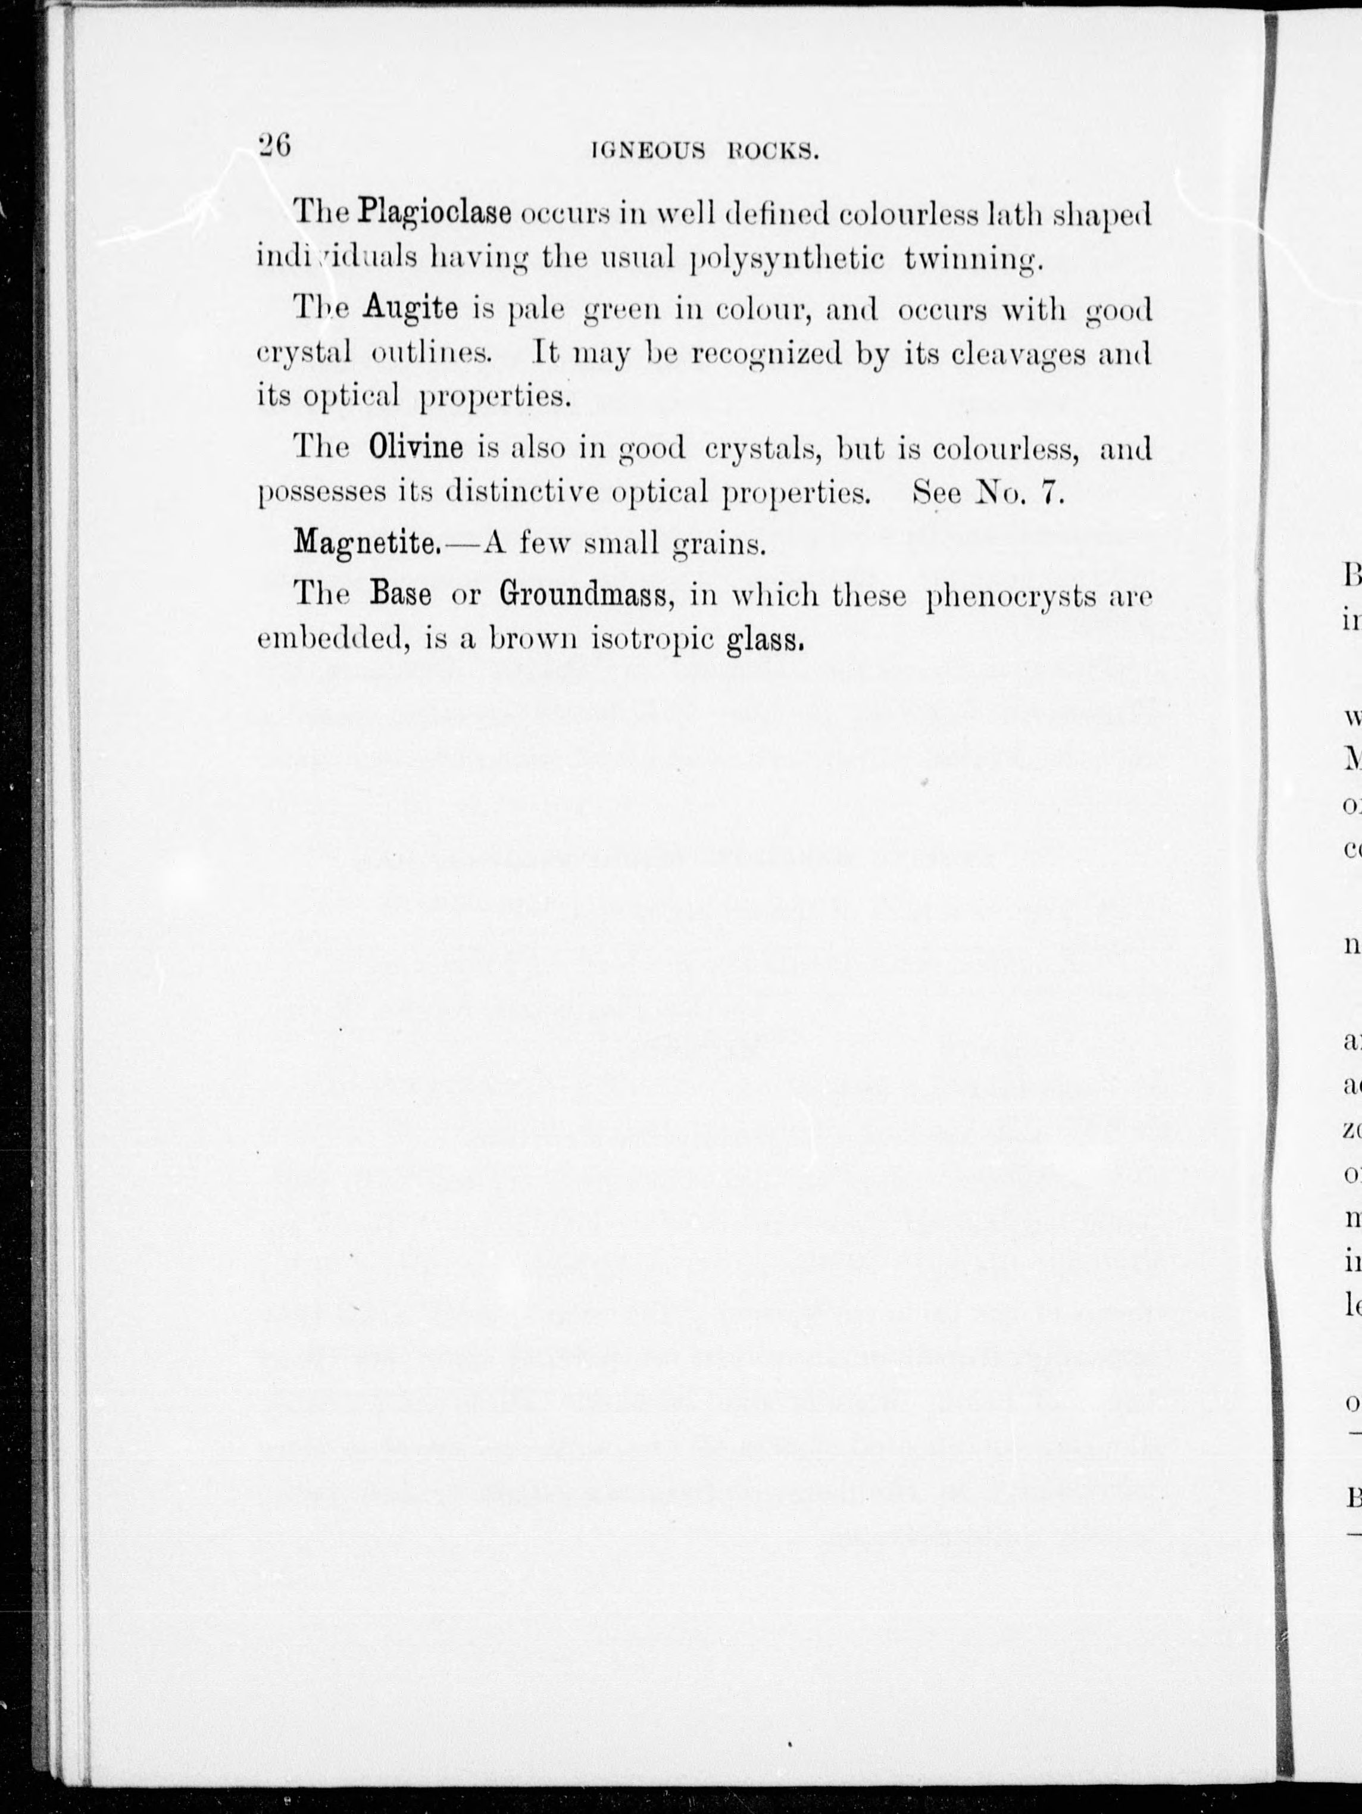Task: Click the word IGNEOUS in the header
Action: pos(649,152)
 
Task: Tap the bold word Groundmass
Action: pos(586,594)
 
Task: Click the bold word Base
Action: pos(401,594)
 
